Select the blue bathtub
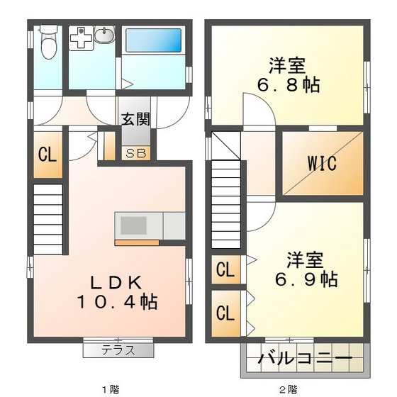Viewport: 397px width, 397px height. tap(154, 40)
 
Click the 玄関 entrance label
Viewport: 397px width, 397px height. tap(134, 119)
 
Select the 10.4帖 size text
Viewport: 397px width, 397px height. tap(117, 301)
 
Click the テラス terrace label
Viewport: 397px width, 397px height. tap(118, 350)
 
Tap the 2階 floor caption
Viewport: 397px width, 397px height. tap(287, 389)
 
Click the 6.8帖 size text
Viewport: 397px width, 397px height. tap(288, 86)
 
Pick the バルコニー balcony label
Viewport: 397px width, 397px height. tap(306, 359)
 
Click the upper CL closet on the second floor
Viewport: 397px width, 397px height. tap(225, 269)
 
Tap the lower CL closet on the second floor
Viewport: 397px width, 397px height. tap(225, 313)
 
